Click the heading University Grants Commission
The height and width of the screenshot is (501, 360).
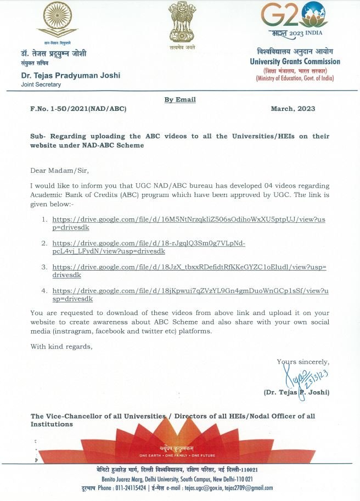click(x=295, y=62)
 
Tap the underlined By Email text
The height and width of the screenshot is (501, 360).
click(x=180, y=99)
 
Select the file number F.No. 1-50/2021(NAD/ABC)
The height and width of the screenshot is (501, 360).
click(x=78, y=109)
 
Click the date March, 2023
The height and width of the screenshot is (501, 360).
click(x=293, y=109)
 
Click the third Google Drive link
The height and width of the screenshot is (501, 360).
click(x=189, y=271)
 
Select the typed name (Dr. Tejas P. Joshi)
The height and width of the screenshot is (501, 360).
click(x=296, y=392)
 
